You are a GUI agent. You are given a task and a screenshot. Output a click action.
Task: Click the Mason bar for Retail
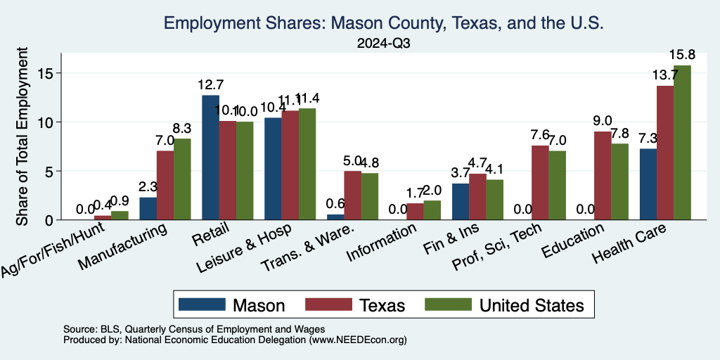click(x=210, y=157)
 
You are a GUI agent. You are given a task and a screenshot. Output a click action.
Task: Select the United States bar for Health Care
click(x=682, y=143)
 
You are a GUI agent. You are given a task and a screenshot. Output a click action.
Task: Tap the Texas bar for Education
click(x=603, y=176)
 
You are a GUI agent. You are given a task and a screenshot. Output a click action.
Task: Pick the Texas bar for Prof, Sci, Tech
click(x=540, y=183)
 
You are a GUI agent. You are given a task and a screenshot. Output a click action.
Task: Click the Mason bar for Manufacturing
click(x=148, y=208)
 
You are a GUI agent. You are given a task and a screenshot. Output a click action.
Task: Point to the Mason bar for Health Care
click(x=648, y=184)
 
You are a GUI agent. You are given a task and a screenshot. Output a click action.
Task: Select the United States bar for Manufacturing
click(x=182, y=179)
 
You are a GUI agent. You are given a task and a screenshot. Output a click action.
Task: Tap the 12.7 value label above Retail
click(x=210, y=84)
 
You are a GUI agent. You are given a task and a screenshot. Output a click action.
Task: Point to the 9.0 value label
click(x=603, y=121)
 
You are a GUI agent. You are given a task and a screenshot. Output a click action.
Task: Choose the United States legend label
click(x=531, y=305)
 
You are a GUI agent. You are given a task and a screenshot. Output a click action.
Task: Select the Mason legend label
click(x=258, y=305)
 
